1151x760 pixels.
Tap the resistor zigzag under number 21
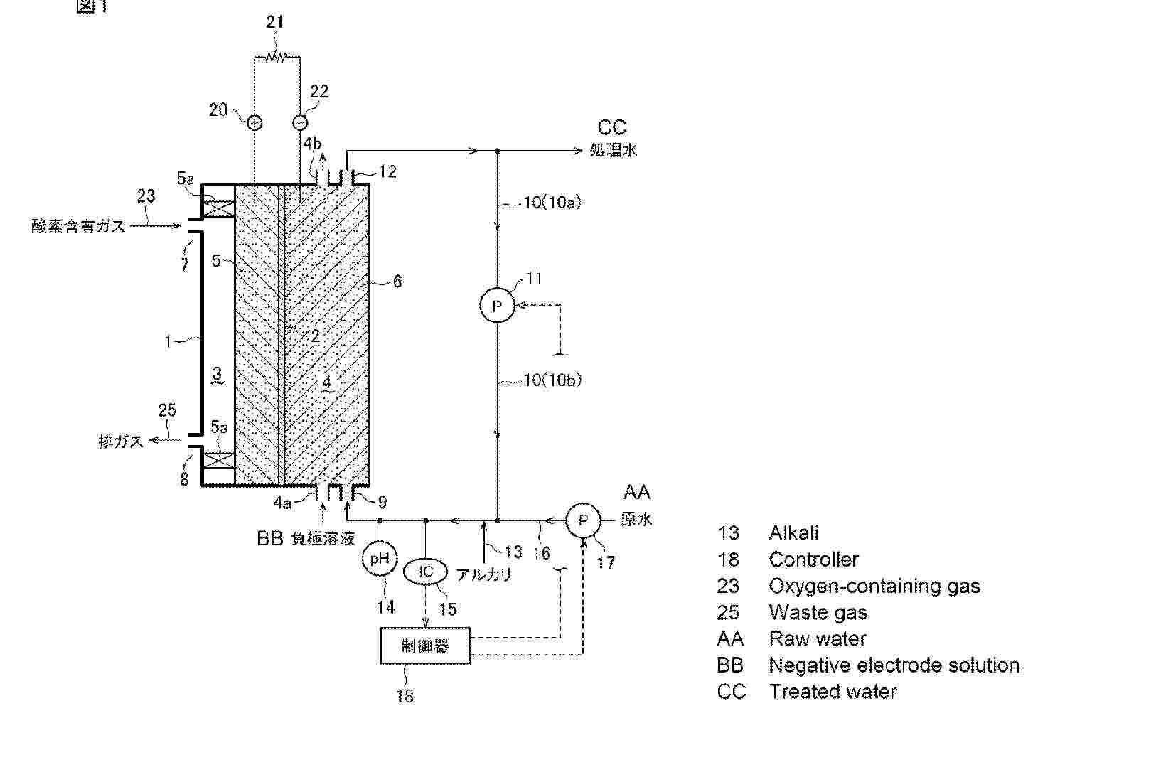tap(275, 57)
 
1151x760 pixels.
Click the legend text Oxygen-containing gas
tap(874, 586)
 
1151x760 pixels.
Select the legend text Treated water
tap(833, 692)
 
